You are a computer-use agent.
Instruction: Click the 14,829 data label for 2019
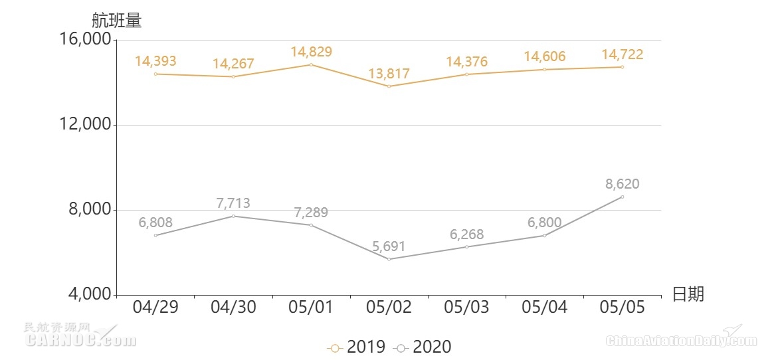click(x=311, y=52)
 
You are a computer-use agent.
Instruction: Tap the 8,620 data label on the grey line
click(x=623, y=184)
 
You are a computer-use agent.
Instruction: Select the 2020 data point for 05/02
click(x=389, y=259)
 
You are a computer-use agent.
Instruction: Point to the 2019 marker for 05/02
click(x=389, y=86)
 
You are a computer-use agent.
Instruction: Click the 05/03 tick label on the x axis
click(x=466, y=308)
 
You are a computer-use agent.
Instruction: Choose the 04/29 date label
click(x=155, y=308)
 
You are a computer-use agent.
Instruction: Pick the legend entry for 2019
click(x=356, y=347)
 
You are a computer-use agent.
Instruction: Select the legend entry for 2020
click(x=423, y=347)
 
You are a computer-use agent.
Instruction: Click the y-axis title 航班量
click(x=116, y=21)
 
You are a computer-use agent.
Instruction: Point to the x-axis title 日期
click(x=688, y=294)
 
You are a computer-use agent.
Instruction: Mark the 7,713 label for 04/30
click(x=233, y=203)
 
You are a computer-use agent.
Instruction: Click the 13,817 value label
click(x=389, y=74)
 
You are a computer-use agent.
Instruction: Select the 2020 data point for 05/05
click(x=623, y=197)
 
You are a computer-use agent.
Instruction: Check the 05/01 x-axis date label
click(x=311, y=308)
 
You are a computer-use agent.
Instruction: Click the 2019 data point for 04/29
click(x=155, y=74)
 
